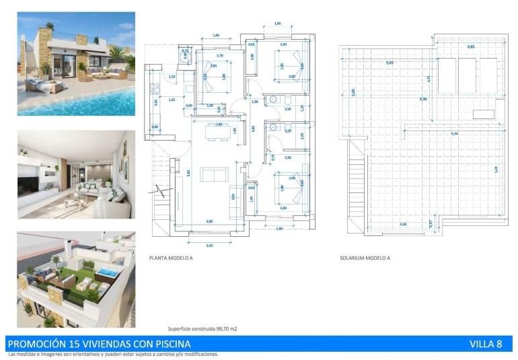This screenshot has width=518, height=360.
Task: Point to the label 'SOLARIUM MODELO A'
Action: [x=365, y=257]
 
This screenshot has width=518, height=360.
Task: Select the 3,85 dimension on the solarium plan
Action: [x=471, y=46]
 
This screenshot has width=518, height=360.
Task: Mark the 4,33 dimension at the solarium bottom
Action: [x=403, y=223]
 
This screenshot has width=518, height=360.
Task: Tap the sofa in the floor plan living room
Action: [x=214, y=175]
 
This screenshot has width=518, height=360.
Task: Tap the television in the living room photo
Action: [x=30, y=184]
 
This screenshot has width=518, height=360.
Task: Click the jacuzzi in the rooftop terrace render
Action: [x=106, y=273]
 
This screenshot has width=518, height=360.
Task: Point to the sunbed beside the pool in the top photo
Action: [x=42, y=85]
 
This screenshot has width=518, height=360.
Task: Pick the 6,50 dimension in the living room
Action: [x=188, y=173]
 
